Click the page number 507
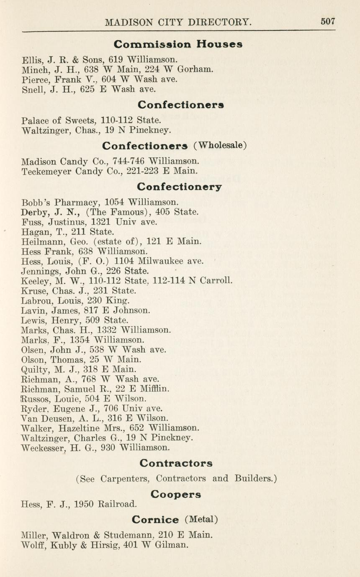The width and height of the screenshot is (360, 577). (x=328, y=22)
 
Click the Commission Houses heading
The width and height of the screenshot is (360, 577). (x=178, y=44)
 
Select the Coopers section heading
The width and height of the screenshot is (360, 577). (x=176, y=494)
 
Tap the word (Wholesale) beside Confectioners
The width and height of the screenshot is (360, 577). (x=220, y=145)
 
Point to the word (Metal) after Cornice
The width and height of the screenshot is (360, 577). (x=201, y=520)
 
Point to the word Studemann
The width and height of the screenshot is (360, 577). (x=125, y=535)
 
